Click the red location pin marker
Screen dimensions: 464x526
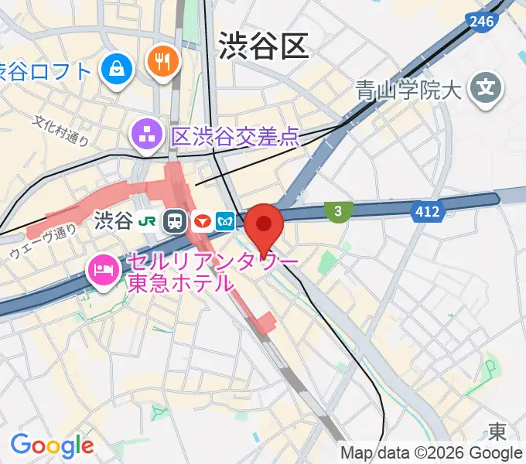[264, 227]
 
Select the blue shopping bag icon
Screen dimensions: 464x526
[118, 70]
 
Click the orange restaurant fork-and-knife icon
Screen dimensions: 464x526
[162, 61]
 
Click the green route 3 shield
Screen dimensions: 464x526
[338, 210]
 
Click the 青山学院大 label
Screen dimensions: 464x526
[408, 91]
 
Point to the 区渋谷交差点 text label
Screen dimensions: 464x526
[234, 138]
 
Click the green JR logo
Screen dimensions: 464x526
[148, 222]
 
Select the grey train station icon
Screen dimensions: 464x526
[176, 222]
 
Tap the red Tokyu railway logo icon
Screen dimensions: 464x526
[203, 222]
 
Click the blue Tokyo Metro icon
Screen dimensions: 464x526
[226, 222]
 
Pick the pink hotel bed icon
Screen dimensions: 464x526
[102, 271]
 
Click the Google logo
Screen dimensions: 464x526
[52, 445]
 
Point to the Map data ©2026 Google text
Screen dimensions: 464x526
[432, 453]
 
